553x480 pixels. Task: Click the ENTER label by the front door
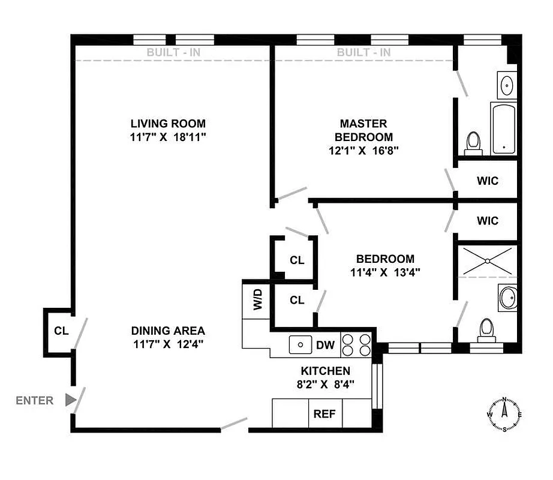[34, 400]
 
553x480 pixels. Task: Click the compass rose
[504, 414]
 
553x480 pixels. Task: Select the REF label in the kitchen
[325, 414]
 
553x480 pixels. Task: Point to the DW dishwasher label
[324, 345]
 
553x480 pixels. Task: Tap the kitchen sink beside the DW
[300, 345]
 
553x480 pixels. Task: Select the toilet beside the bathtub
[474, 143]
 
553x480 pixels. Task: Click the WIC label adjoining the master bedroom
[488, 181]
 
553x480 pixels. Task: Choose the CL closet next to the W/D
[297, 300]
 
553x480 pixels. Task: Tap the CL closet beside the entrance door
[61, 331]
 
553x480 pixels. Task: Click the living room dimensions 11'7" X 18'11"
[168, 137]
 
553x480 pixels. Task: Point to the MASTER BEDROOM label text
[363, 130]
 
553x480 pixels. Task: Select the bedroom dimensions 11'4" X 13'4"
[385, 272]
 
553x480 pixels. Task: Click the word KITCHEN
[325, 371]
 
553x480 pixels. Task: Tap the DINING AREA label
[168, 331]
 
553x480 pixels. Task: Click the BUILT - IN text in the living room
[173, 52]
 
